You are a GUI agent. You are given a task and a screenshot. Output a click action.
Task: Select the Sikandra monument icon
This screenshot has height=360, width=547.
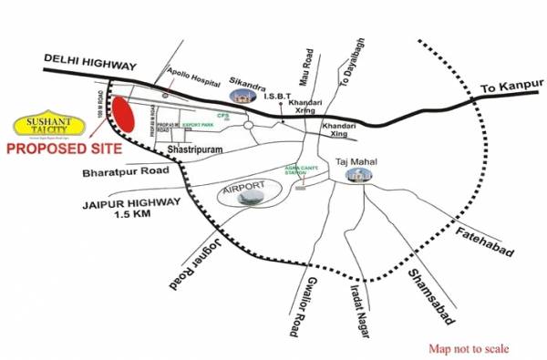[x=243, y=94]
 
